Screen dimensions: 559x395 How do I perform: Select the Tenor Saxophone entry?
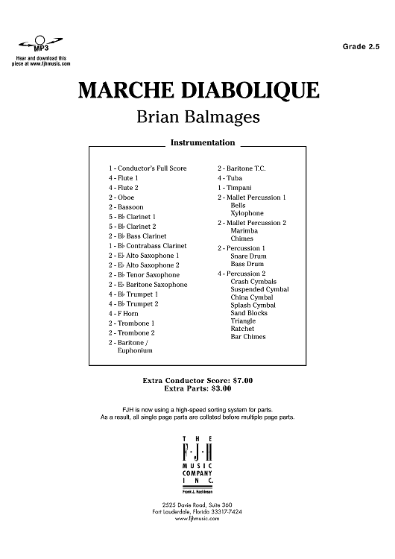(143, 275)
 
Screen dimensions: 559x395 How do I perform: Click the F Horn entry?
(123, 314)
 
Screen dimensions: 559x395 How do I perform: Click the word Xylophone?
(247, 213)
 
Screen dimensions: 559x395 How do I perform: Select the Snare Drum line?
(249, 256)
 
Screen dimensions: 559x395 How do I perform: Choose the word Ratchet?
(243, 328)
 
